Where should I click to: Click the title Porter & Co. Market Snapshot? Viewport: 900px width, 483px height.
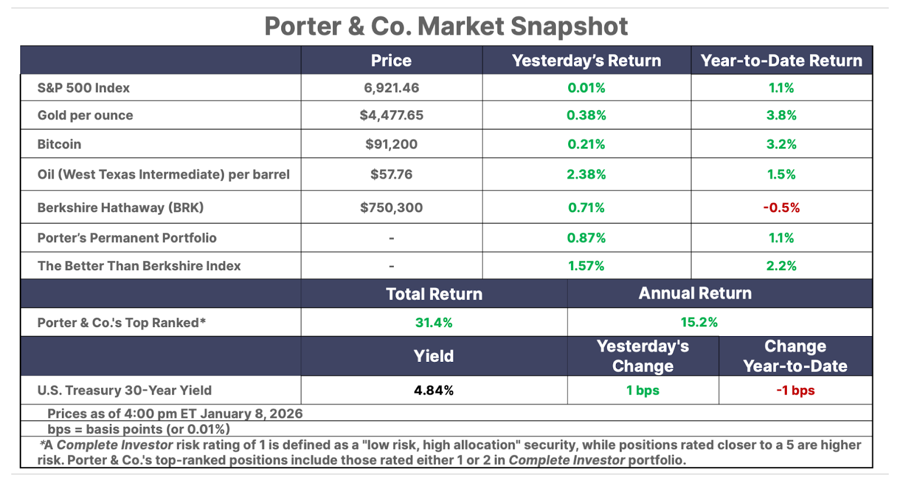tap(445, 26)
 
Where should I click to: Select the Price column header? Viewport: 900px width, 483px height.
tap(391, 61)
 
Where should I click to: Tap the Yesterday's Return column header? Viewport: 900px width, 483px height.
tap(586, 61)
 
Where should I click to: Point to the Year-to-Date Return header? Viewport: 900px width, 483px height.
tap(781, 61)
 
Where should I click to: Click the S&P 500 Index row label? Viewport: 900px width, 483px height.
tap(83, 88)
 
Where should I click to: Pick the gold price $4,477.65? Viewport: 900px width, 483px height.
tap(391, 115)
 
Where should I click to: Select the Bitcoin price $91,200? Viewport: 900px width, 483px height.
tap(391, 144)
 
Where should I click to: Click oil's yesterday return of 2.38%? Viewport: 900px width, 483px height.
tap(586, 175)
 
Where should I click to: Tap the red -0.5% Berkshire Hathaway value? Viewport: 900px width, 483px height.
tap(781, 208)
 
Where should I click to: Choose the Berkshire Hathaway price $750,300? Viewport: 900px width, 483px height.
tap(391, 208)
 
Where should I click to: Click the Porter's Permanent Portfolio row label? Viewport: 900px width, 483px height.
tap(127, 238)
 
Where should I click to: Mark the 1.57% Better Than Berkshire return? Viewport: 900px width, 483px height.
tap(586, 266)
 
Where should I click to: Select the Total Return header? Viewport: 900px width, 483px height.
tap(434, 294)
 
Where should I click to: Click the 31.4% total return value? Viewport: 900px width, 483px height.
tap(434, 323)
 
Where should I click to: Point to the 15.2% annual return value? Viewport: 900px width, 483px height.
tap(699, 322)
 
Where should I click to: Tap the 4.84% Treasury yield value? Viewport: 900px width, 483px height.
tap(434, 390)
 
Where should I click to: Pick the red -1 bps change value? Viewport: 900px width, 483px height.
tap(795, 390)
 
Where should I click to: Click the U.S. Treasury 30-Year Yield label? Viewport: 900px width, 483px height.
tap(124, 390)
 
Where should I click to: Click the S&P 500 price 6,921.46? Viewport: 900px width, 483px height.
tap(391, 88)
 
